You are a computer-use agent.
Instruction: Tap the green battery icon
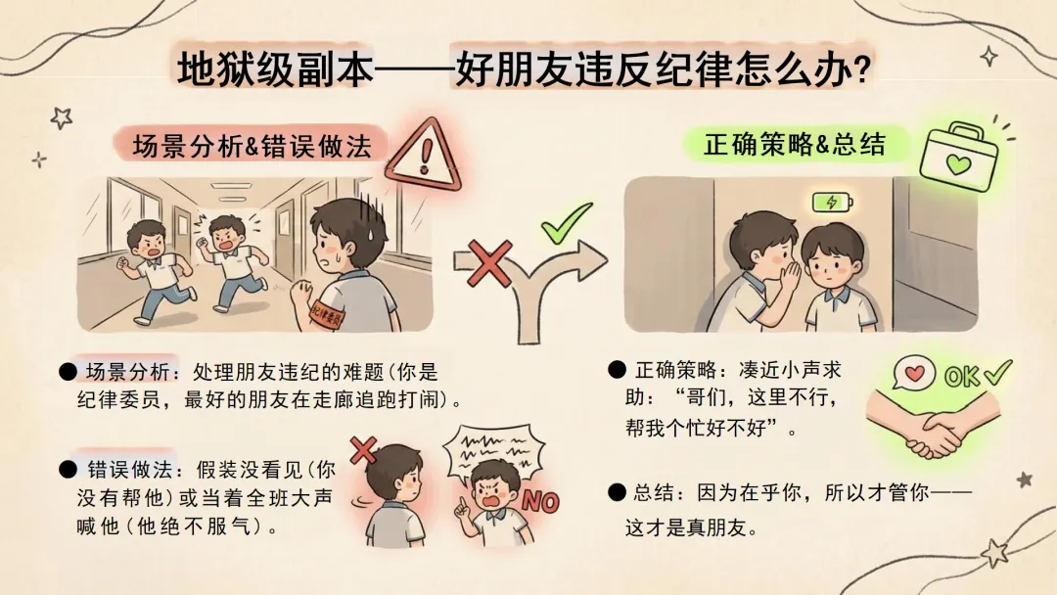[833, 202]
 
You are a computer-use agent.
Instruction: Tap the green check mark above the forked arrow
[567, 222]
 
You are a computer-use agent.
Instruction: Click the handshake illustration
[935, 424]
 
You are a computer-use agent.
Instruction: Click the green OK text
[963, 377]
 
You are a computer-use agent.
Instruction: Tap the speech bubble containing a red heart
[914, 373]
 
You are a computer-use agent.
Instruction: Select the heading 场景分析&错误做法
[253, 146]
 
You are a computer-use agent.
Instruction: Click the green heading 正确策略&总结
[794, 144]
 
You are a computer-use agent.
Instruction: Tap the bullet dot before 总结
[617, 492]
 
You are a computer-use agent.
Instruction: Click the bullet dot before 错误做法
[69, 469]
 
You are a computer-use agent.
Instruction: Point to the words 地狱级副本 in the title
[276, 69]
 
